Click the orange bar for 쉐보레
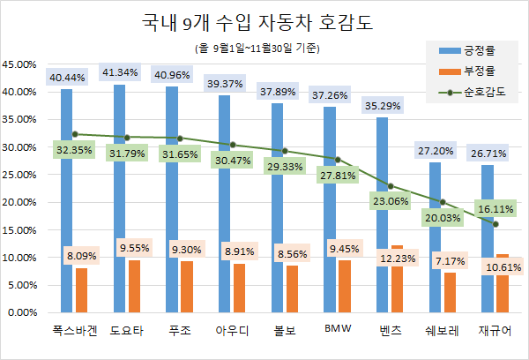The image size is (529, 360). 449,292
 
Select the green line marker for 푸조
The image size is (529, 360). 179,139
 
